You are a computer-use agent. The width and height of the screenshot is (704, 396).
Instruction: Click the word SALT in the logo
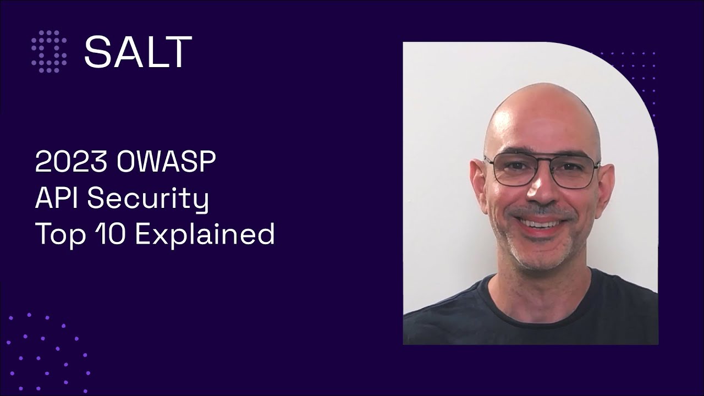(x=138, y=51)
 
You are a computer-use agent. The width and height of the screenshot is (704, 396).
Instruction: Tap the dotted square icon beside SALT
(x=49, y=51)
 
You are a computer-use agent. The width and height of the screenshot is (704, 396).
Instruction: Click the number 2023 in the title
(x=71, y=163)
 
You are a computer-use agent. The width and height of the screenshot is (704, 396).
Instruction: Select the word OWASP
(x=167, y=163)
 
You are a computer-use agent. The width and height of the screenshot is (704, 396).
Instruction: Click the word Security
(x=148, y=199)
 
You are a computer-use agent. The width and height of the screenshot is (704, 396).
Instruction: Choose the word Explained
(x=205, y=235)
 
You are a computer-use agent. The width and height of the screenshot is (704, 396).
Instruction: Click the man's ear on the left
(x=478, y=182)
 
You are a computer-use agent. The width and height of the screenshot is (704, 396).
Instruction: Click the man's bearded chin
(x=536, y=256)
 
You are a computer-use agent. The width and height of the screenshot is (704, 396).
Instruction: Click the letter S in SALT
(x=97, y=51)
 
